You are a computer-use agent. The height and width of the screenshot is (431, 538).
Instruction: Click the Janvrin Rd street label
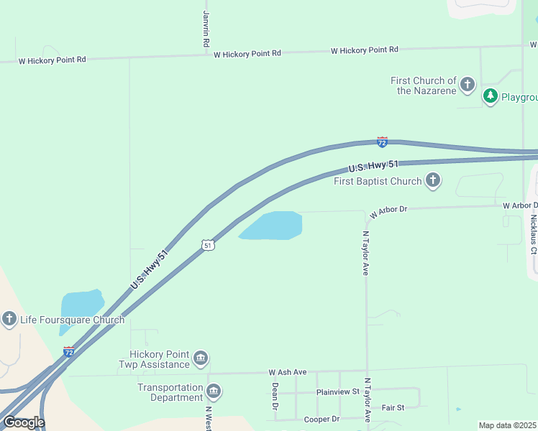coord(206,29)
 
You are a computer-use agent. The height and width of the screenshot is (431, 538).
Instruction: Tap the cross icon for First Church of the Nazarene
coord(468,85)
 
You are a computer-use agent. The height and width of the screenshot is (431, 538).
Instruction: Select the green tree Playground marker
coord(491,96)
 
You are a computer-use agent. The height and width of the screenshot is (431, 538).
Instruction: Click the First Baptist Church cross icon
coord(432,181)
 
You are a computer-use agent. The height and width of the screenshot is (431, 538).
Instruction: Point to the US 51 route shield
coord(208,245)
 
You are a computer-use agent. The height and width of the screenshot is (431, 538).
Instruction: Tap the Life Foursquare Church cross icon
coord(9,319)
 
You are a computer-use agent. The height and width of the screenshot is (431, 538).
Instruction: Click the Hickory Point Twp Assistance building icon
coord(201,358)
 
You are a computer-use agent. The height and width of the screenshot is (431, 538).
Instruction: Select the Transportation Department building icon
coord(214,391)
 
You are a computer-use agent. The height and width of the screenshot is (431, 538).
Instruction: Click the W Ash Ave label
coord(288,372)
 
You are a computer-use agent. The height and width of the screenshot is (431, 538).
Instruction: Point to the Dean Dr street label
coord(275,396)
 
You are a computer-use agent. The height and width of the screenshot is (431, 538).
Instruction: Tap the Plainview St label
coord(337,392)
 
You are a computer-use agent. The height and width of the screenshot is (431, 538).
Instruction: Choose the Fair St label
coord(393,407)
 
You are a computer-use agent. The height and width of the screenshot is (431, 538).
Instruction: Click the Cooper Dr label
coord(322,419)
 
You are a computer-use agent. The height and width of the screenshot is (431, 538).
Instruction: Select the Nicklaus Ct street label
coord(533,234)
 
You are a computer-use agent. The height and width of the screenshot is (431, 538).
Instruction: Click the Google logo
coord(24,422)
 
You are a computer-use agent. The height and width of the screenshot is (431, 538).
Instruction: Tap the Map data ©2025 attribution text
coord(508,425)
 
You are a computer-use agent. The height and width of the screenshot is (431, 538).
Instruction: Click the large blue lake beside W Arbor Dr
coord(274,226)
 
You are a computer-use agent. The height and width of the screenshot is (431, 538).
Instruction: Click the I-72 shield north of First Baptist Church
coord(382,142)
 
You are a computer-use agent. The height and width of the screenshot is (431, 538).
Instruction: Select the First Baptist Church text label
coord(378,181)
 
